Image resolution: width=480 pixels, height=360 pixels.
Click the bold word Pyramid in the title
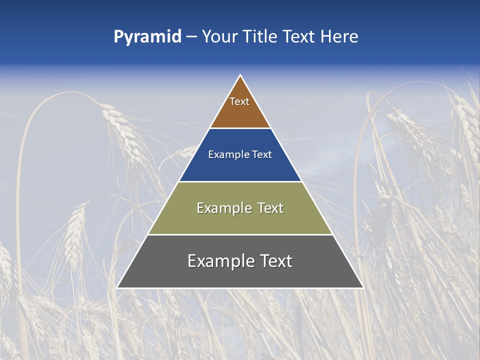click(x=147, y=37)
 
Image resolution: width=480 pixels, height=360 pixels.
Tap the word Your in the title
click(x=219, y=36)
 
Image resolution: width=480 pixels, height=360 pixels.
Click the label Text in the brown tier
click(x=239, y=101)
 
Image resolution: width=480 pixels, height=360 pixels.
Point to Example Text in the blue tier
click(x=240, y=154)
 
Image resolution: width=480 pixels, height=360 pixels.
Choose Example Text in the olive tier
click(x=240, y=208)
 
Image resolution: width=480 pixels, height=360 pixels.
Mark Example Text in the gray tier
click(x=240, y=261)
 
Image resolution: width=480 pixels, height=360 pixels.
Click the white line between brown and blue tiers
click(x=240, y=128)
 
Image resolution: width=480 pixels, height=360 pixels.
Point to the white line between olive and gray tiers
click(x=240, y=234)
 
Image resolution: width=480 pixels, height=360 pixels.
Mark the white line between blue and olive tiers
click(x=240, y=181)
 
